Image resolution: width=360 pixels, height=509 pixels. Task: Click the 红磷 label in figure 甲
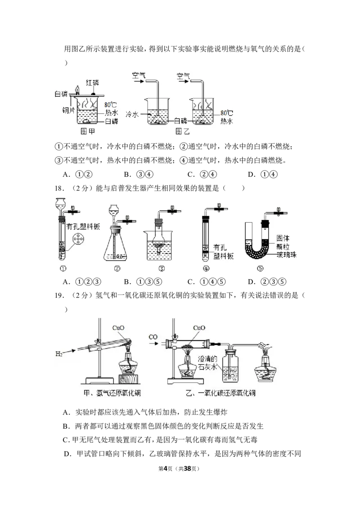(x=92, y=82)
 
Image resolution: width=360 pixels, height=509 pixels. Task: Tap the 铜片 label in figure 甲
(x=68, y=110)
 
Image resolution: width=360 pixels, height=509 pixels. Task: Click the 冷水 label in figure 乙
(x=132, y=114)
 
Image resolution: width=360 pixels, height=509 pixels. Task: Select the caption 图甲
(x=87, y=131)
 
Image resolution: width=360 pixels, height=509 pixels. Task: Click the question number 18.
(x=58, y=188)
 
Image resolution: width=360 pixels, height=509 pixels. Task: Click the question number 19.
(x=58, y=295)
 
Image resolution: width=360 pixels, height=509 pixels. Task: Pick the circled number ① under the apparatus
(x=63, y=268)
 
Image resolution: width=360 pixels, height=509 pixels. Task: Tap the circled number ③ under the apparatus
(x=161, y=268)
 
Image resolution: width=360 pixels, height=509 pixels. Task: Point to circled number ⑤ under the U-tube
(x=260, y=268)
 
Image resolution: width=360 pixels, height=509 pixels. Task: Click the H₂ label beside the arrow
(x=59, y=353)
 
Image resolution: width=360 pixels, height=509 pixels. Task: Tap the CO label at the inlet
(x=153, y=337)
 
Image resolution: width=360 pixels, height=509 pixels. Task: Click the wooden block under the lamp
(x=128, y=379)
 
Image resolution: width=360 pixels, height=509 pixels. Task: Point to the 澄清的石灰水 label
(x=207, y=362)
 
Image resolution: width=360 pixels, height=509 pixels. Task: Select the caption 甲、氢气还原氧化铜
(x=112, y=393)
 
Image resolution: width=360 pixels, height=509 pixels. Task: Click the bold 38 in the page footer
(x=187, y=469)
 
